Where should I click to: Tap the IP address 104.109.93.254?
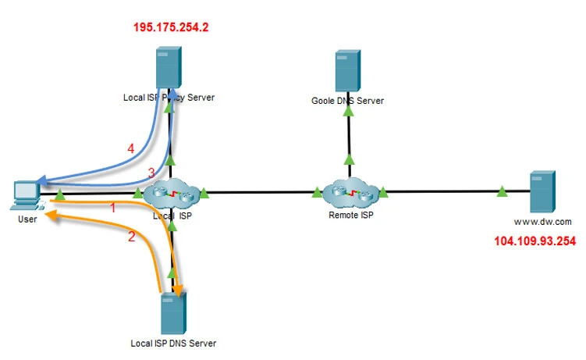click(x=535, y=241)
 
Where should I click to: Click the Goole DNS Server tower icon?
click(x=349, y=71)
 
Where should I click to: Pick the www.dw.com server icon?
click(x=542, y=192)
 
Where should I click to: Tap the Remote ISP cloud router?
click(x=349, y=191)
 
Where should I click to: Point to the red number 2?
click(x=131, y=237)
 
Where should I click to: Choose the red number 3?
click(x=151, y=173)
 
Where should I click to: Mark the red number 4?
click(x=131, y=148)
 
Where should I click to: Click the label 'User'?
click(x=27, y=220)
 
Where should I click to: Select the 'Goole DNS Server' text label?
click(x=348, y=101)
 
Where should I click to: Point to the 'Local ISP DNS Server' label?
click(x=173, y=343)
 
